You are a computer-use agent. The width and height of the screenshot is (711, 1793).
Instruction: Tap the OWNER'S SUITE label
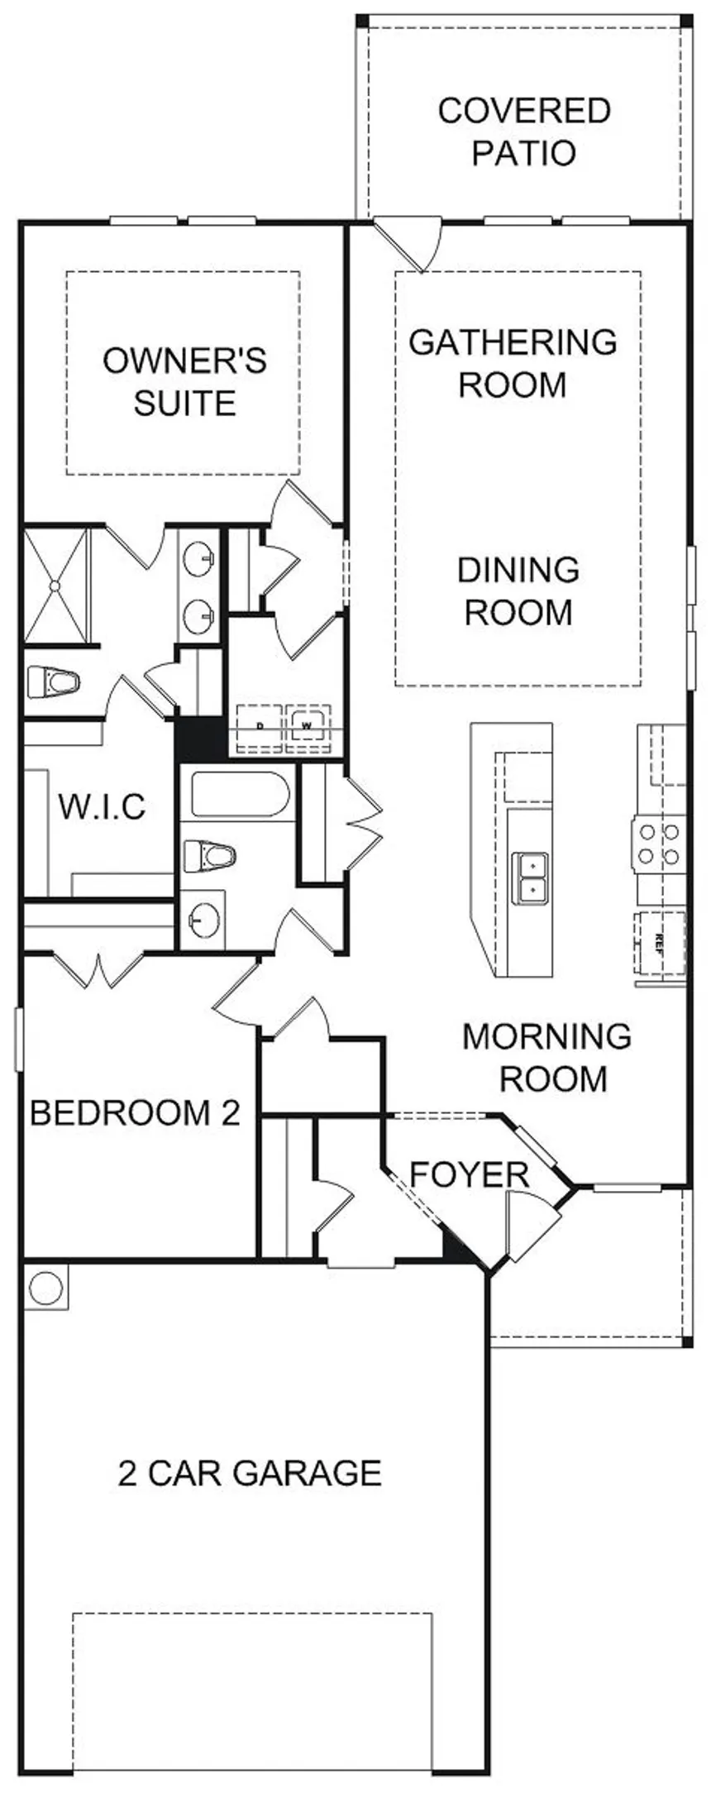(184, 382)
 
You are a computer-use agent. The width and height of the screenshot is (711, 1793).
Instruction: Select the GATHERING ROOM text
(513, 363)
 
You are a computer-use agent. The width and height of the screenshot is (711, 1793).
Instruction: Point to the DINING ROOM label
(518, 591)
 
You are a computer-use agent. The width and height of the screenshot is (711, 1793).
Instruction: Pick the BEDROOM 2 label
(135, 1112)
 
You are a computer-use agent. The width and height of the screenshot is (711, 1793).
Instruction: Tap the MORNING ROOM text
(546, 1057)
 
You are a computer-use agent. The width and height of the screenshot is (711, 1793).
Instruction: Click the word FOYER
(469, 1174)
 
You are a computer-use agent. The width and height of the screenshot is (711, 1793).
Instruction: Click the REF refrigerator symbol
(660, 942)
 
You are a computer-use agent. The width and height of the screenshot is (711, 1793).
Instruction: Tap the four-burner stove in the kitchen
(660, 844)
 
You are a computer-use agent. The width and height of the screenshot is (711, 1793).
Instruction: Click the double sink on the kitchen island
(530, 877)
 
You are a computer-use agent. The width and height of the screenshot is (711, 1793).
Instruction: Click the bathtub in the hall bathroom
(239, 794)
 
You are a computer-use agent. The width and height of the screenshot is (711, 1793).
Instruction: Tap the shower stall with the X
(55, 586)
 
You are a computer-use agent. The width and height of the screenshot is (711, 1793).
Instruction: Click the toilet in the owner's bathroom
(52, 682)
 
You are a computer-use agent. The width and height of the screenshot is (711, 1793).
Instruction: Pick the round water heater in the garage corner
(45, 1288)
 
